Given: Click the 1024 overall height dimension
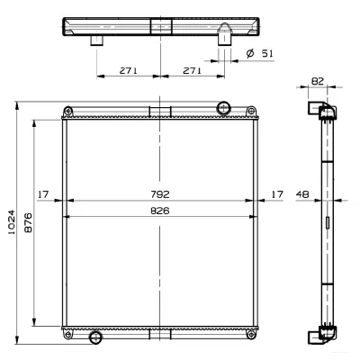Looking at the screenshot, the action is coord(11,222).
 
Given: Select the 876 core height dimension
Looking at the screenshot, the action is coord(28,222).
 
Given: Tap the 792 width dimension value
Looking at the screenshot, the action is coord(160,194).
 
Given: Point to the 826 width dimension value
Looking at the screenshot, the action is coord(160,211).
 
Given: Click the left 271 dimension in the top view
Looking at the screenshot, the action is coord(129,70).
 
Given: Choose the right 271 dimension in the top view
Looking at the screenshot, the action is coord(192,70).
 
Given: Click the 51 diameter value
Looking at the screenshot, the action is coord(267,53).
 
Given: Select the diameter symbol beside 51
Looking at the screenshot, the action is coord(250,53).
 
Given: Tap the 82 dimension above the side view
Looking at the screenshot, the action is coord(318,81).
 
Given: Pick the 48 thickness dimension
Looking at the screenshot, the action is coord(302,194).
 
